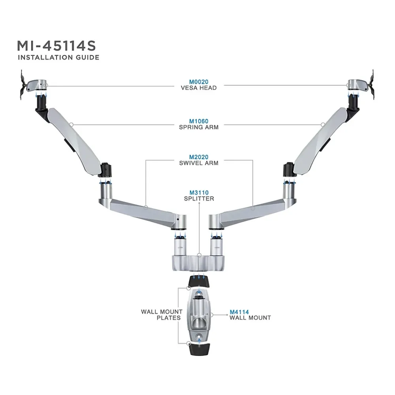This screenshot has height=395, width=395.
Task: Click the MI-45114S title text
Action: coord(56,46)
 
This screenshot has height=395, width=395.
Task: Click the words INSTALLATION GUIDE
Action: coord(58,57)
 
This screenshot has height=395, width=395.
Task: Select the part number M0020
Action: coord(199,82)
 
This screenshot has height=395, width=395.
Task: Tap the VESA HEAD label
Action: coord(199,88)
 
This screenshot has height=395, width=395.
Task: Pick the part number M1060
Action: coord(199,121)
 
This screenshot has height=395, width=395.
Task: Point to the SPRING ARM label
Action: coord(199,127)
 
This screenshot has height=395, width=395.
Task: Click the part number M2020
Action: coord(199,157)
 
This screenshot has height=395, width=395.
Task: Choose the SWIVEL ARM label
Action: coord(199,163)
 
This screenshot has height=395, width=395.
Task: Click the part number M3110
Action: coord(199,193)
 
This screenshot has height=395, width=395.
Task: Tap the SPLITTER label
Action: coord(199,199)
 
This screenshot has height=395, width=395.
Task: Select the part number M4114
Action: coord(239,312)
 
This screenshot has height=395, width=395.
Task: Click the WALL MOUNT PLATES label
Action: coord(162,315)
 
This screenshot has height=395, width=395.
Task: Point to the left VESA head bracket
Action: coord(33,85)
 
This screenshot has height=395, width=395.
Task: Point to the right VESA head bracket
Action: coord(361,85)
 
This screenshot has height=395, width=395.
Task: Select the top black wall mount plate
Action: coord(199,281)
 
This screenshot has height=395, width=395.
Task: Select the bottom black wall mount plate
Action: coord(199,349)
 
